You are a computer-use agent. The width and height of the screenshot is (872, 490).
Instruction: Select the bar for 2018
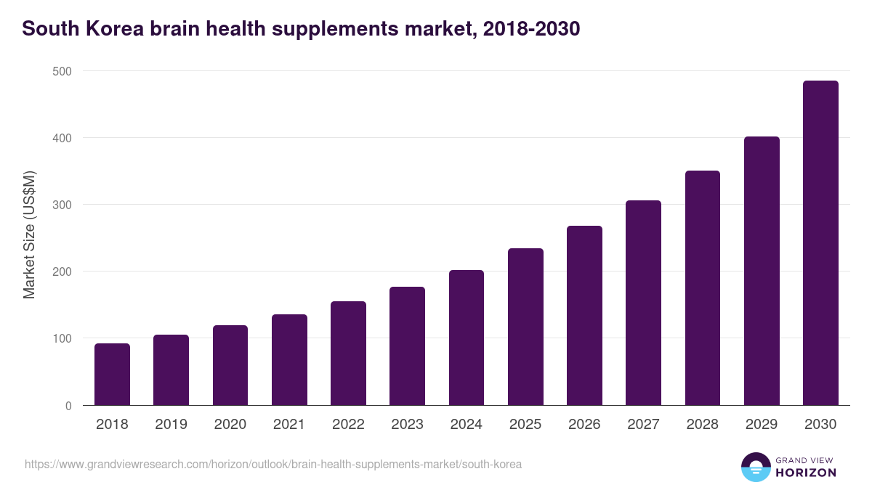pos(112,375)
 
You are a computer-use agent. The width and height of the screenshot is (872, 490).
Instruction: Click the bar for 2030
pos(820,243)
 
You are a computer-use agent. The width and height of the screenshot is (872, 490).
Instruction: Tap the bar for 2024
pos(467,338)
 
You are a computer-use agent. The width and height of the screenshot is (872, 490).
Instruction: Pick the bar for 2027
pos(643,303)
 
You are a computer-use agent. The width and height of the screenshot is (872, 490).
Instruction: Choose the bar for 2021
pos(289,360)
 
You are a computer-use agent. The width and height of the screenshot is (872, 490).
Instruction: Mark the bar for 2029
pos(762,271)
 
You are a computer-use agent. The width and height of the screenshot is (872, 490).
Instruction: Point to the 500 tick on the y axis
pos(62,71)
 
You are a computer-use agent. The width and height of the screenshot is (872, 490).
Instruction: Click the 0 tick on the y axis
pos(68,406)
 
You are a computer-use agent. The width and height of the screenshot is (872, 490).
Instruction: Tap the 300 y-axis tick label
pos(62,205)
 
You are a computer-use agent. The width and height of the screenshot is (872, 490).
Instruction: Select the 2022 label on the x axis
pos(348,425)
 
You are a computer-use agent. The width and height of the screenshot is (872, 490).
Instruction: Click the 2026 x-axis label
pos(584,425)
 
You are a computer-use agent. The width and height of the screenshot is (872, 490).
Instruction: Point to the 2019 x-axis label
pos(171,425)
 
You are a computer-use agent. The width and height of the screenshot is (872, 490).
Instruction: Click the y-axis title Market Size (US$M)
pos(29,234)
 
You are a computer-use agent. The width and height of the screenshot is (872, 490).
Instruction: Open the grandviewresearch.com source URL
pos(273,464)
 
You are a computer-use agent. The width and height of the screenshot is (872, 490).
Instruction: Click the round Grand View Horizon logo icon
pos(755,467)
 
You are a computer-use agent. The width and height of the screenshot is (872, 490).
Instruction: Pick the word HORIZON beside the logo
pos(805,473)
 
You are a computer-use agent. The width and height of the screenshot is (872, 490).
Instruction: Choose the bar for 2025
pos(525,327)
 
